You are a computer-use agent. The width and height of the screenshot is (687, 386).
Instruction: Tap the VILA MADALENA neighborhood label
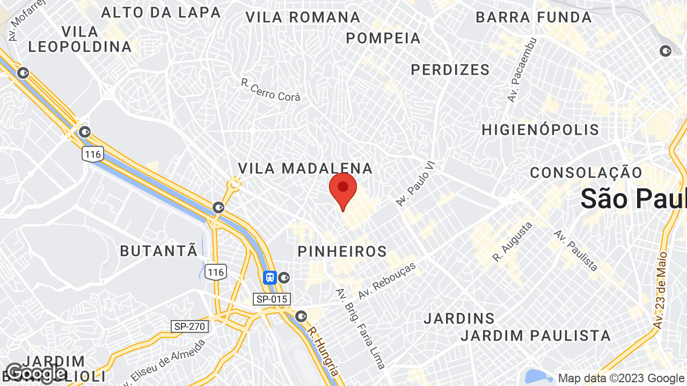(x=305, y=168)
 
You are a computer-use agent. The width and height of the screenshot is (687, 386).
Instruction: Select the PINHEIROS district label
(x=342, y=251)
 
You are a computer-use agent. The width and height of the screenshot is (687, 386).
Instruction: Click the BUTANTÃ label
(x=159, y=251)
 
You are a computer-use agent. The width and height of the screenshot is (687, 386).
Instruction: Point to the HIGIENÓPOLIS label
(x=540, y=130)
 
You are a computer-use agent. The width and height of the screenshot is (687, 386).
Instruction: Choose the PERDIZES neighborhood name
(x=450, y=70)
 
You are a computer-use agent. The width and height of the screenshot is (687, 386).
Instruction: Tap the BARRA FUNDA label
(x=533, y=17)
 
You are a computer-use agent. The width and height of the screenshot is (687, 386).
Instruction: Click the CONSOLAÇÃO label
(x=586, y=173)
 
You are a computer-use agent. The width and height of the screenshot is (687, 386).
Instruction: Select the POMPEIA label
(x=383, y=38)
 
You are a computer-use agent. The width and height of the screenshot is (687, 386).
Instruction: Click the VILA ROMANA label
(x=303, y=17)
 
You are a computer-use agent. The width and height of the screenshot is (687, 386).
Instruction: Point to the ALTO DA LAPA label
(x=161, y=12)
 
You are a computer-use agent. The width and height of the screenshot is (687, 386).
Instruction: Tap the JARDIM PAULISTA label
(x=536, y=336)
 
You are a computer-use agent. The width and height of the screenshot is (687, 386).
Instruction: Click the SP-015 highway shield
(x=272, y=299)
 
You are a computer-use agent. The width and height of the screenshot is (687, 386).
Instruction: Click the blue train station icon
(x=269, y=277)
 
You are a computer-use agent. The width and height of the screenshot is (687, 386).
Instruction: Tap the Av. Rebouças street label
(x=388, y=280)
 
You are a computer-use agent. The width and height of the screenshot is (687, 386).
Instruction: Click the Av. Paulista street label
(x=576, y=250)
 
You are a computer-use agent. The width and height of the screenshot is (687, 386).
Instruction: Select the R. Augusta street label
(x=513, y=242)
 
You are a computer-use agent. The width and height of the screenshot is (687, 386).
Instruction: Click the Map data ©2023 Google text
(x=621, y=378)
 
